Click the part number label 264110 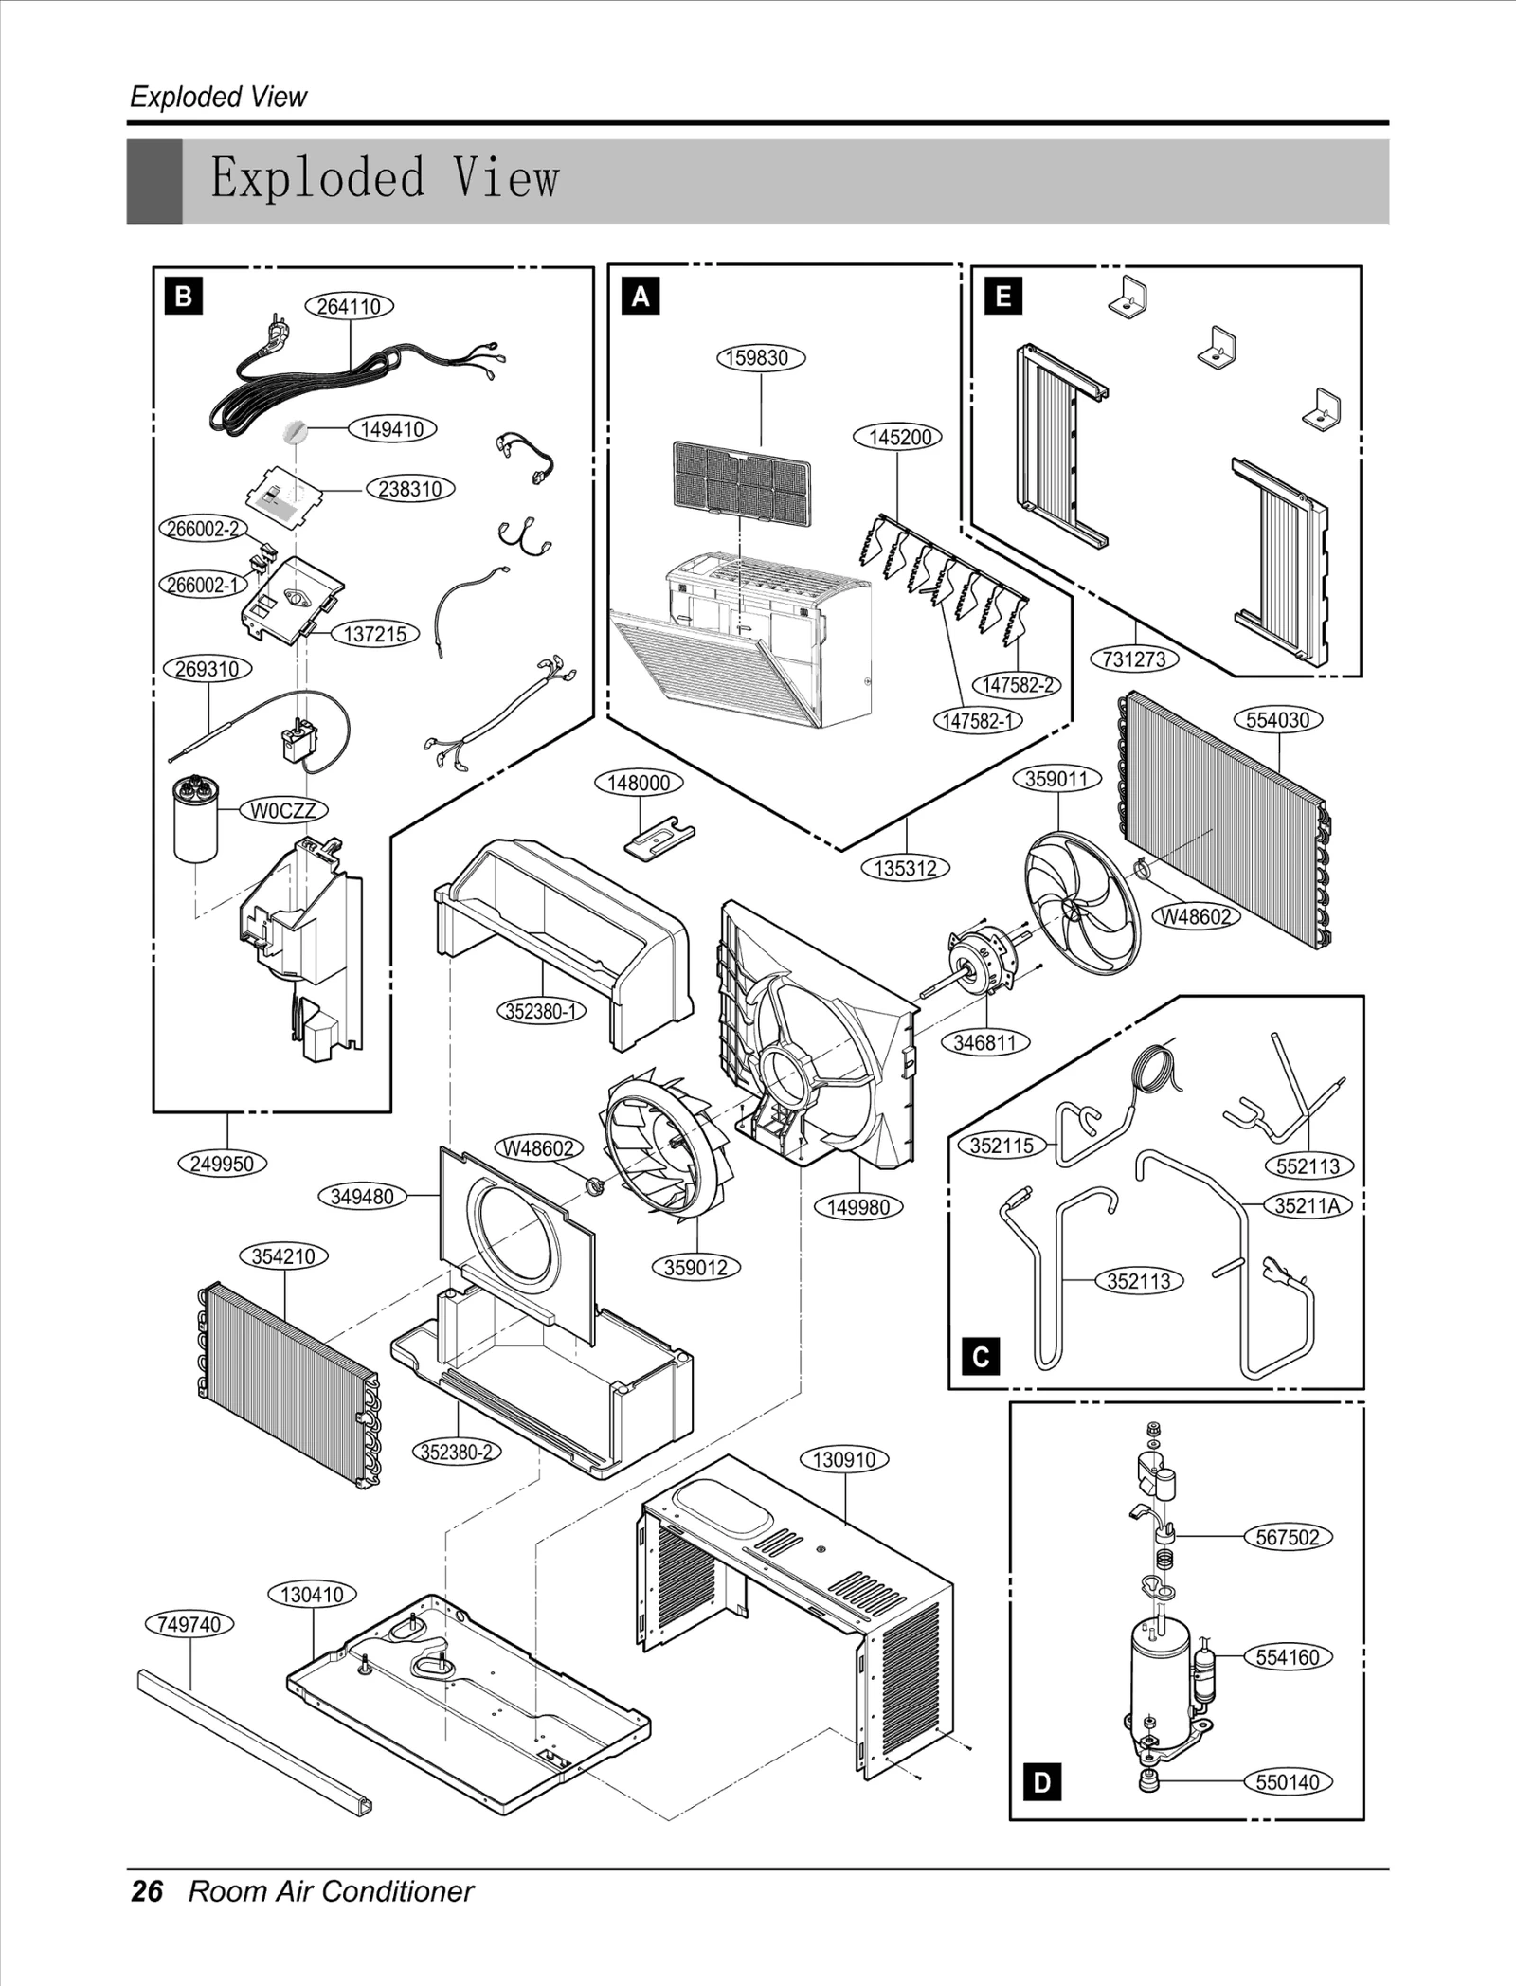click(349, 306)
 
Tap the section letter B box click(183, 297)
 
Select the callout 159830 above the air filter click(760, 357)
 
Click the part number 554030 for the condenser click(1277, 719)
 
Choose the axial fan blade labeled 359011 click(1083, 901)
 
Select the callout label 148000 click(639, 783)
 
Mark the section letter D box click(1041, 1782)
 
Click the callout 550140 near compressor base click(1287, 1781)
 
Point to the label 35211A click(1307, 1205)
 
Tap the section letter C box click(981, 1358)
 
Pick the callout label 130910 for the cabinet click(844, 1459)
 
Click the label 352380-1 click(541, 1011)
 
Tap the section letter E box click(1003, 297)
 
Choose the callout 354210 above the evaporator click(283, 1256)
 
